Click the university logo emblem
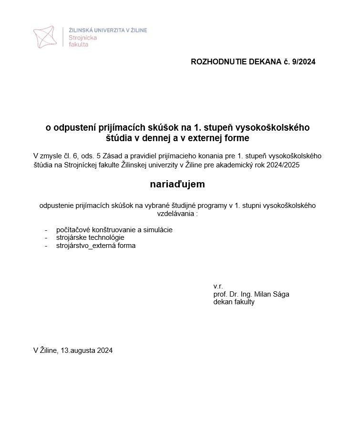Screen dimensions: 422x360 click(x=46, y=37)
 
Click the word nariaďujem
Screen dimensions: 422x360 click(x=177, y=184)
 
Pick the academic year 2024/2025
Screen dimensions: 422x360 click(x=285, y=165)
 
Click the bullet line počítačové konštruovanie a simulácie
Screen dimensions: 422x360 click(x=114, y=229)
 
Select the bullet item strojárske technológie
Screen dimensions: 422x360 click(x=90, y=237)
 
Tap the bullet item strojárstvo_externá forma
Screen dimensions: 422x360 click(x=96, y=246)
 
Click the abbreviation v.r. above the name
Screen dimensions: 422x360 click(x=218, y=286)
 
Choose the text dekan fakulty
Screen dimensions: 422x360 click(x=234, y=302)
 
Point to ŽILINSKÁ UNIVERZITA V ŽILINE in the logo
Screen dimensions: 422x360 click(x=108, y=30)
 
